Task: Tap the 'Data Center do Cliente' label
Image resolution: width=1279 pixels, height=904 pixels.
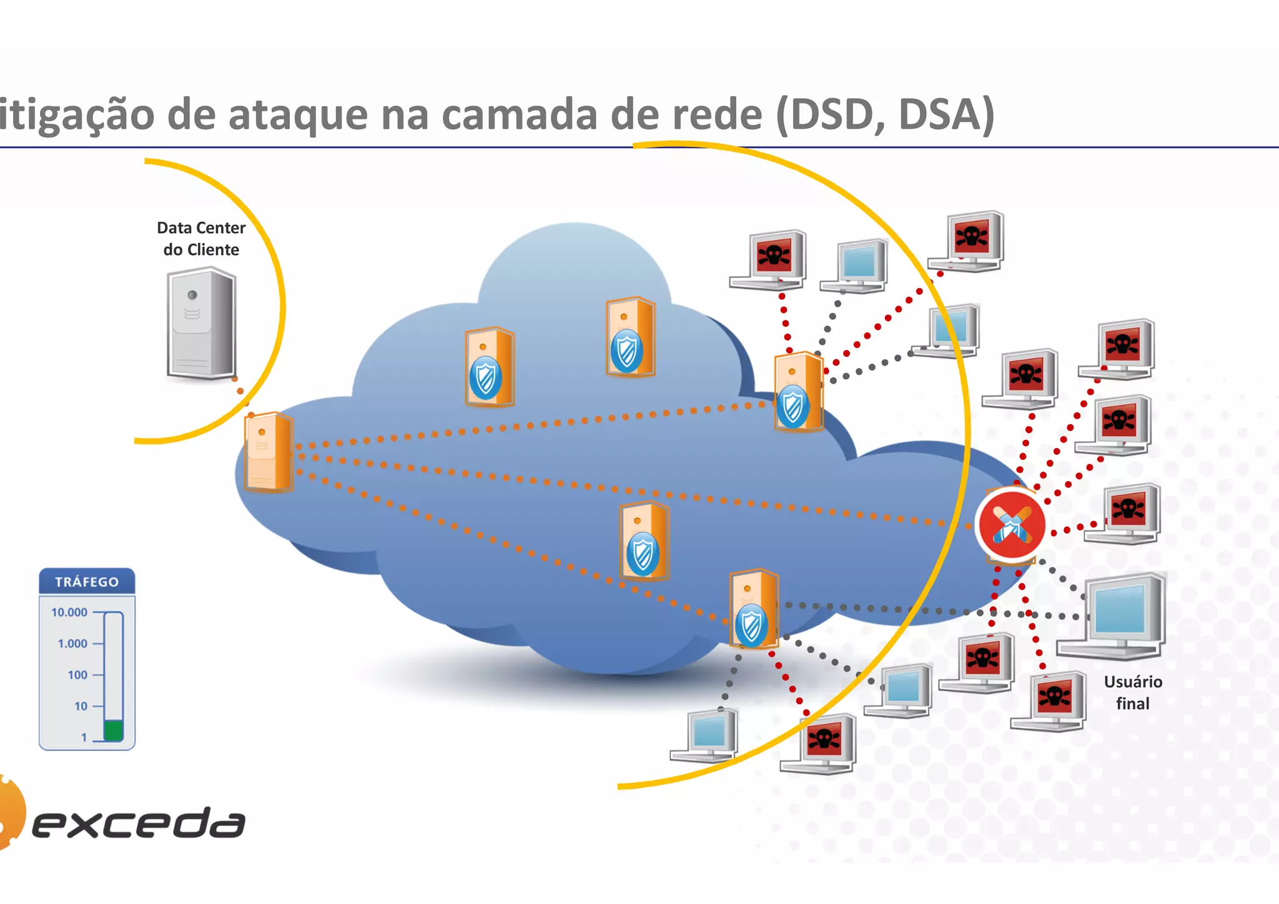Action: tap(201, 239)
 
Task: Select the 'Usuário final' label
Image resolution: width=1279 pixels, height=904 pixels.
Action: tap(1132, 692)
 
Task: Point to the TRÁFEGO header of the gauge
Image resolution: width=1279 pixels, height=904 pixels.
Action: tap(87, 582)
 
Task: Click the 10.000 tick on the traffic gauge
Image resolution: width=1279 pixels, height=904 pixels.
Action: tap(69, 612)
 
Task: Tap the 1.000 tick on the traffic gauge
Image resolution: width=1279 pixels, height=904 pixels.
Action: tap(72, 643)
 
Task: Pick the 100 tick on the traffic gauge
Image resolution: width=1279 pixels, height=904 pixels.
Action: tap(77, 675)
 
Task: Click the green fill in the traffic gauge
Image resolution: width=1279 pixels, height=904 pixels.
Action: tap(113, 730)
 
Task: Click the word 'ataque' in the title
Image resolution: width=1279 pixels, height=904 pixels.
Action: tap(298, 115)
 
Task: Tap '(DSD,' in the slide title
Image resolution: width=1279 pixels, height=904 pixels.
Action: tap(831, 115)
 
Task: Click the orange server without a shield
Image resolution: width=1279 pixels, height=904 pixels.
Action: tap(269, 452)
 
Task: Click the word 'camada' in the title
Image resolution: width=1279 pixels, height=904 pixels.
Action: tap(518, 115)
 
